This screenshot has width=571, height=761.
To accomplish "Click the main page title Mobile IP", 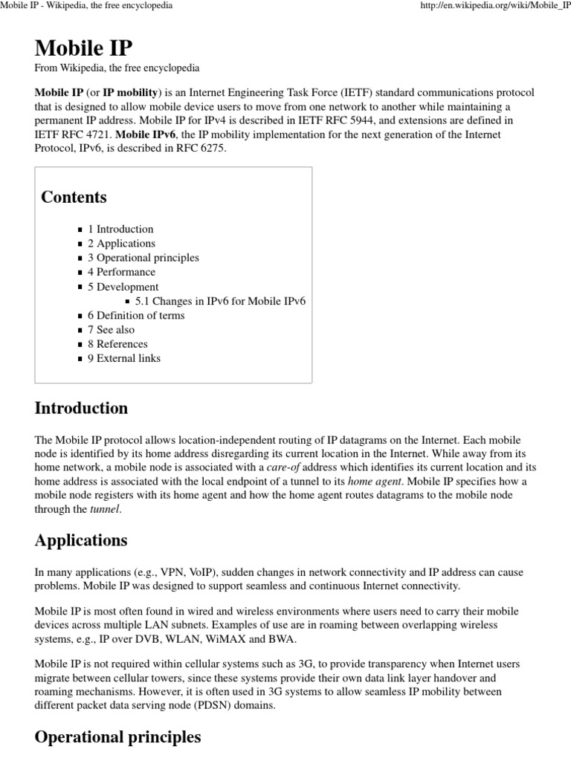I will coord(83,48).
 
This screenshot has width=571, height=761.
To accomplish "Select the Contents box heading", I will coord(74,197).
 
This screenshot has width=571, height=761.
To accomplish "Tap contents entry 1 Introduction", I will coord(120,229).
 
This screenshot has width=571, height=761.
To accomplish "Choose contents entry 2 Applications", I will coord(121,243).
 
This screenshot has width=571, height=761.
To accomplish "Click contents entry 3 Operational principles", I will coord(143,258).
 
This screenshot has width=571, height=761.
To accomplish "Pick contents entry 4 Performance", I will coord(121,272).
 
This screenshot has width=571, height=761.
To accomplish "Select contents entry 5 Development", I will coord(123,287).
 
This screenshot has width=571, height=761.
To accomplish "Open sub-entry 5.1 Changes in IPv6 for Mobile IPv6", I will coord(220,301).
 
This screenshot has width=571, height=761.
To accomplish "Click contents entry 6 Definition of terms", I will coord(136,315).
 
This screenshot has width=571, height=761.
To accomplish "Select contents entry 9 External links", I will coord(123,358).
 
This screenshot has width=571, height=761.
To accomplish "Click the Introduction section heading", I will coord(81,408).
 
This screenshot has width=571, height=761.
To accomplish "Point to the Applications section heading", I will coord(80,540).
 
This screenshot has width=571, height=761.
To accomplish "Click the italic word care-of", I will coord(288,467).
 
